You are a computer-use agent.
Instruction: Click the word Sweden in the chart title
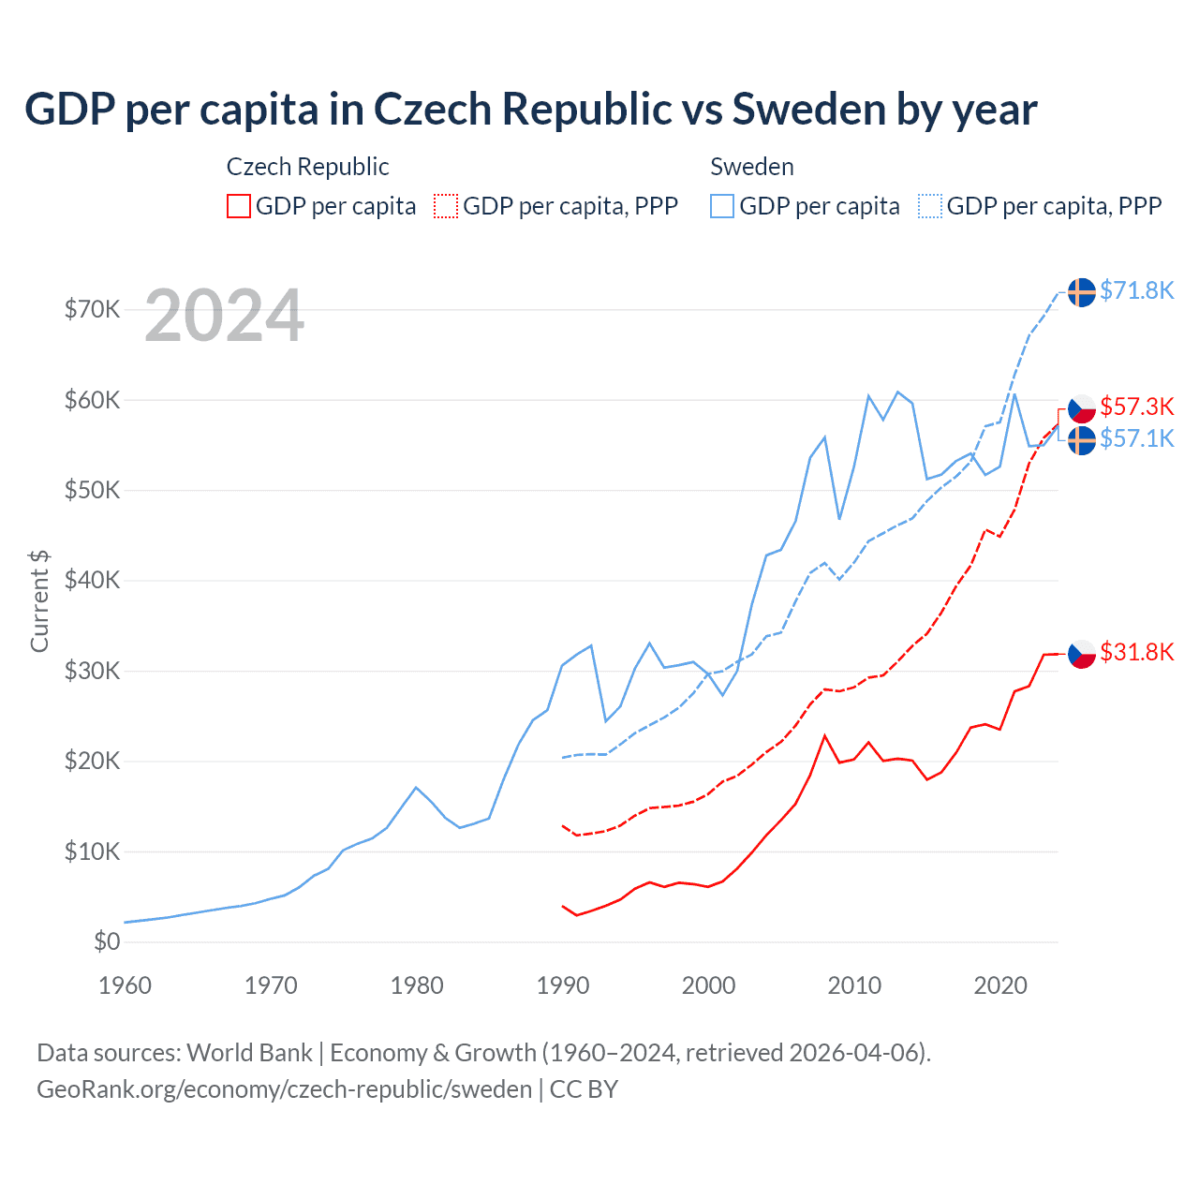[808, 109]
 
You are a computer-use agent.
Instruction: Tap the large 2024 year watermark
[224, 316]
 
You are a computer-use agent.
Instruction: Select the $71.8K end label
[1136, 290]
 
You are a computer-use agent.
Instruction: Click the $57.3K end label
[1136, 407]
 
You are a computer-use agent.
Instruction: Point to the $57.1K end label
[1136, 438]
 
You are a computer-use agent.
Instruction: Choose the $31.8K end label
[1136, 652]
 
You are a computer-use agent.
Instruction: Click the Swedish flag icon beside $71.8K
[1082, 292]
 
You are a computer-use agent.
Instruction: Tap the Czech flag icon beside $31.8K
[1082, 653]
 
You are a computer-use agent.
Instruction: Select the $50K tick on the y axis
[92, 490]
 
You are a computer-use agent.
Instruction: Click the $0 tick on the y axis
[107, 941]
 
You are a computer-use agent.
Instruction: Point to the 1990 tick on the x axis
[563, 985]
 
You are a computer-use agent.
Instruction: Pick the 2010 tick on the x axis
[854, 985]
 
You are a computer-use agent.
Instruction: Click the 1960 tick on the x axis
[125, 985]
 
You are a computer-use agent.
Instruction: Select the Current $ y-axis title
[39, 601]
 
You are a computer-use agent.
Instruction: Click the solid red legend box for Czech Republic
[239, 206]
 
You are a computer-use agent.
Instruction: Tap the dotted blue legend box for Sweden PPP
[930, 206]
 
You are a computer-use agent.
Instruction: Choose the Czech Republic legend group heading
[307, 167]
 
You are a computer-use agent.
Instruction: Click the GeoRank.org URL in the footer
[284, 1089]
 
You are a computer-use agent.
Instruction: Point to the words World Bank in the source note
[249, 1053]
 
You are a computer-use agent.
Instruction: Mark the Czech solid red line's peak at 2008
[824, 736]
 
